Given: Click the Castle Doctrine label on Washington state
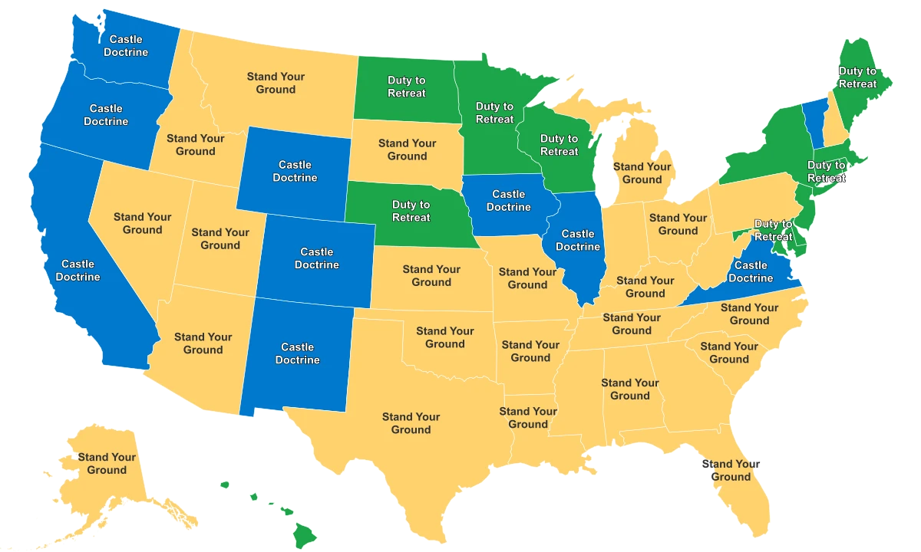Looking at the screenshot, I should click(126, 45).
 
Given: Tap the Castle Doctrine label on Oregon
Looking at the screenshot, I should click(106, 115).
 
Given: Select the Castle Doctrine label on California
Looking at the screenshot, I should click(78, 270).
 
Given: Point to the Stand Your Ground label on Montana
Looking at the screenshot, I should click(276, 83).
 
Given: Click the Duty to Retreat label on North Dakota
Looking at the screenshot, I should click(407, 87).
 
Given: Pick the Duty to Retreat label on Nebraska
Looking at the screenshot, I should click(411, 211).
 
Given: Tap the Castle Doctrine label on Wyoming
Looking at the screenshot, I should click(295, 171).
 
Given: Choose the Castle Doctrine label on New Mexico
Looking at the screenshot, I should click(298, 353).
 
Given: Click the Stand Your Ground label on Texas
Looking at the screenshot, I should click(411, 423).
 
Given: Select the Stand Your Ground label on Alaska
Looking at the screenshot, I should click(107, 463).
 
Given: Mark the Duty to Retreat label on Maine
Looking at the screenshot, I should click(857, 77).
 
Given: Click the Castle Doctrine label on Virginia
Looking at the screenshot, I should click(751, 271).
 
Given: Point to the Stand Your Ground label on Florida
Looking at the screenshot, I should click(729, 470).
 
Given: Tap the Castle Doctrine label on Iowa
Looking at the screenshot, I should click(508, 201).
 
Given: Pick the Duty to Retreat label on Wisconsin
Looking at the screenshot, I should click(559, 145).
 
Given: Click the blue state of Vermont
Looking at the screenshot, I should click(814, 123).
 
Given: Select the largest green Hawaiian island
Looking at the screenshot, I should click(305, 532).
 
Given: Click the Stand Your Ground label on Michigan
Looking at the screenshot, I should click(642, 172).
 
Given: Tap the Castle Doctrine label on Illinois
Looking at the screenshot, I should click(578, 240).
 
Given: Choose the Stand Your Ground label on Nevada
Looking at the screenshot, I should click(143, 223).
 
